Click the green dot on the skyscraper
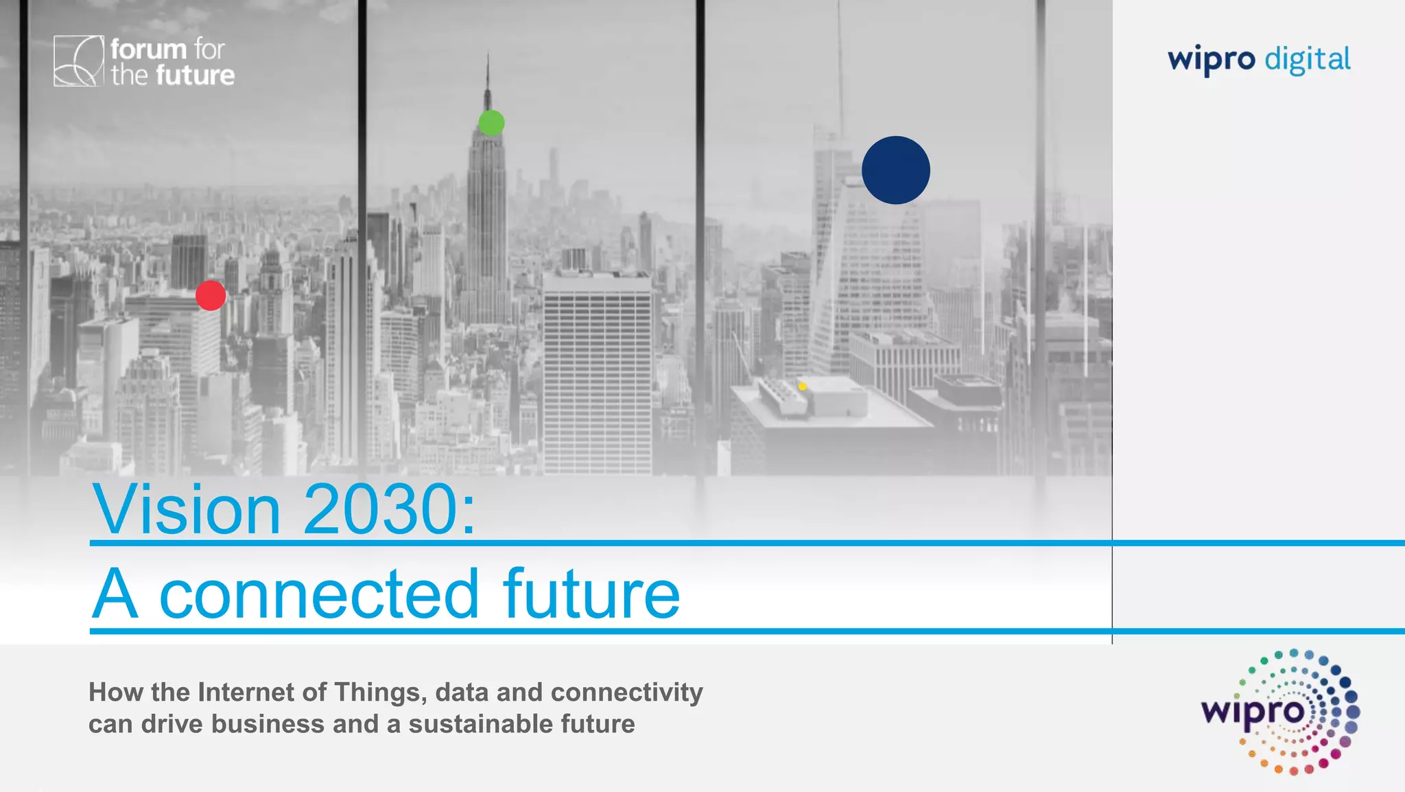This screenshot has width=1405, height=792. coord(491,123)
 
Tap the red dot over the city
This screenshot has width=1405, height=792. coord(211,295)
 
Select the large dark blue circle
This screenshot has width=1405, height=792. coord(895,170)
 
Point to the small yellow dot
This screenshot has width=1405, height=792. coord(802,386)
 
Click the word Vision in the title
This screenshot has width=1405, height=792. coord(186,509)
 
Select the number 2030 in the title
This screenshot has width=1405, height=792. coord(381,509)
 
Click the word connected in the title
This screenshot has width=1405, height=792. coord(319,594)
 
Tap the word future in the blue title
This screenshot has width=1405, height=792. coord(591,594)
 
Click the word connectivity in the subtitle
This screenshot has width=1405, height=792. coord(626,692)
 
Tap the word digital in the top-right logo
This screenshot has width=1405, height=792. coord(1308,60)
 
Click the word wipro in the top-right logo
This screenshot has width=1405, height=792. coord(1212,60)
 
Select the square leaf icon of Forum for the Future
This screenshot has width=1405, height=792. coord(78,61)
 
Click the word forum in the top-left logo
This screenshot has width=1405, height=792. coord(148,49)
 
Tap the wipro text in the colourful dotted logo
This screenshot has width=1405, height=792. coord(1252,711)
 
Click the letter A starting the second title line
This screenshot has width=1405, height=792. coord(115,594)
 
